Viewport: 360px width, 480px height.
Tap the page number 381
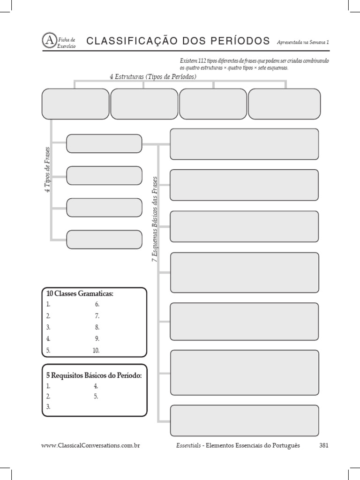coord(323,445)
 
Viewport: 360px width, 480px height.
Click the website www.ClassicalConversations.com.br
coord(91,445)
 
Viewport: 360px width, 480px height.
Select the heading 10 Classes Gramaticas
coord(80,293)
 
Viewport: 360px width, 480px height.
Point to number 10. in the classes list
coord(96,350)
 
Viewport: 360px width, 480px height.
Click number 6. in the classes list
coord(97,304)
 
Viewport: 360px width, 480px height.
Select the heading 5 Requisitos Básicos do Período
coord(94,375)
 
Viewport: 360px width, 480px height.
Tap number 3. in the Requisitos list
coord(48,407)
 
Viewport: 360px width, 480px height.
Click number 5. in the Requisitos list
coord(96,397)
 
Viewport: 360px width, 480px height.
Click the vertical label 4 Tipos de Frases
coord(47,170)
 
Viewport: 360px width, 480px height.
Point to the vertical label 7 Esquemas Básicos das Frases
coord(155,219)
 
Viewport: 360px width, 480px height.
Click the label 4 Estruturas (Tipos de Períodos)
coord(153,76)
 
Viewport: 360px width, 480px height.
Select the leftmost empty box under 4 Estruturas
coord(75,104)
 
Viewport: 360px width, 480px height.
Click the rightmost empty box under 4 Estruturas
coord(284,104)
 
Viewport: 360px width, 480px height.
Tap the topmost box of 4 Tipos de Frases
coord(104,143)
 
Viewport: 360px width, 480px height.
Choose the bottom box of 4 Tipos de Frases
coord(104,239)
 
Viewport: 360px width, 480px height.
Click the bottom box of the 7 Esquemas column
coord(244,420)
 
